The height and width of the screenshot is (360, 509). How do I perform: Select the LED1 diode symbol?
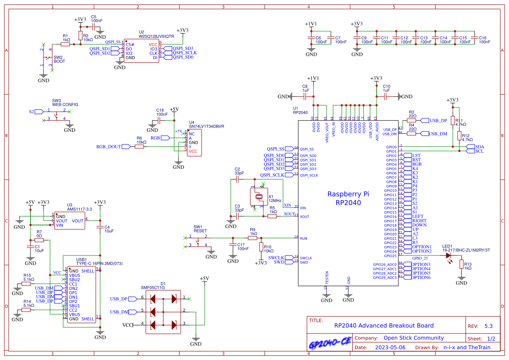(x=448, y=256)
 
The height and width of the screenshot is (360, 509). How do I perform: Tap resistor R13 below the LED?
(x=461, y=266)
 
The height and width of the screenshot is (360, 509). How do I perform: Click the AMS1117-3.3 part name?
(x=79, y=209)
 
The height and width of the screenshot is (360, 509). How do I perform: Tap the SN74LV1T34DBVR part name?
(x=206, y=126)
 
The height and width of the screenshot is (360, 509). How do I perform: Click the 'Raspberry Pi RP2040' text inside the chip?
(x=348, y=198)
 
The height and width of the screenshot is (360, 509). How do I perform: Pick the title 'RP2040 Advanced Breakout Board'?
(x=384, y=325)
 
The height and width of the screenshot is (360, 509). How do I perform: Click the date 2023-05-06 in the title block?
(x=390, y=347)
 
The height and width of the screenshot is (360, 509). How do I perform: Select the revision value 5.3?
(x=488, y=326)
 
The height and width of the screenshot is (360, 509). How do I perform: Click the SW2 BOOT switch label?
(x=59, y=59)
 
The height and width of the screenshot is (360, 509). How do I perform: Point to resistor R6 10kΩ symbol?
(x=139, y=147)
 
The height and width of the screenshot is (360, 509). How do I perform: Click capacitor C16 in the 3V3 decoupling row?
(x=475, y=40)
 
